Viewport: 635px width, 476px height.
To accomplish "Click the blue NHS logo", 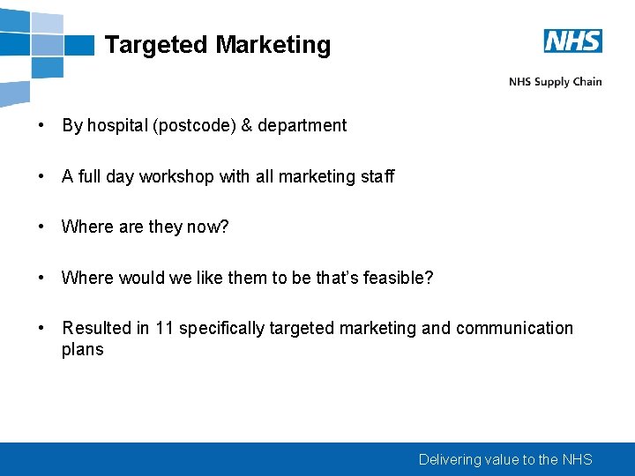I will click(572, 41).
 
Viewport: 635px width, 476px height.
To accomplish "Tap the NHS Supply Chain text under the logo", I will click(555, 82).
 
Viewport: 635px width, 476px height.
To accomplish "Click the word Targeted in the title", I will click(156, 45).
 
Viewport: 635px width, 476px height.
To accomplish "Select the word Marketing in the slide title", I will click(273, 45).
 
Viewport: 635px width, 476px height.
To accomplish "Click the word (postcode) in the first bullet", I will click(193, 125).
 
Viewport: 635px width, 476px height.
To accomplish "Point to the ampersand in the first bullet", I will click(246, 125).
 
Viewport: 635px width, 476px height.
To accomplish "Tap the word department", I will click(302, 125).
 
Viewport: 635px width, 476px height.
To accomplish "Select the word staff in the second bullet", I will click(377, 176).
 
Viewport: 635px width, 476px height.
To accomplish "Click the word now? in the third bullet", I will click(207, 227).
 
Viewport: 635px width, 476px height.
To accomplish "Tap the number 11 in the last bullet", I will click(164, 328).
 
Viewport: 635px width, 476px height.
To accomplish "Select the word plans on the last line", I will click(82, 350).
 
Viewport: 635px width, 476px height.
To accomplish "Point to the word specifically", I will click(221, 328).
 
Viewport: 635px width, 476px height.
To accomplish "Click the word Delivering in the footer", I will click(450, 459).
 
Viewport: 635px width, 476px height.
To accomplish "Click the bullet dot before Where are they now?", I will click(41, 227).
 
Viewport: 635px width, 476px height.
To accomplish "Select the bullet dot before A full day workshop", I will click(41, 176).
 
